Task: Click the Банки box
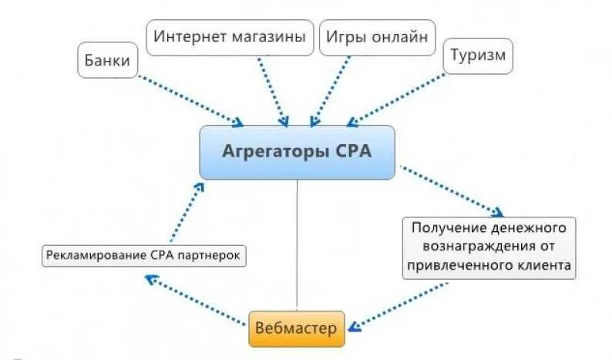pyautogui.click(x=108, y=60)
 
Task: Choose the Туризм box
pyautogui.click(x=478, y=56)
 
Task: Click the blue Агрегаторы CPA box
pyautogui.click(x=298, y=152)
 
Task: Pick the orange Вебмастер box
pyautogui.click(x=296, y=329)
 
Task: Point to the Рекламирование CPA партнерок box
pyautogui.click(x=145, y=255)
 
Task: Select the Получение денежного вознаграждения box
pyautogui.click(x=489, y=247)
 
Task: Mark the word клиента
pyautogui.click(x=543, y=266)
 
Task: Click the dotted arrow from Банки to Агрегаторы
pyautogui.click(x=189, y=99)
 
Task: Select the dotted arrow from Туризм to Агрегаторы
pyautogui.click(x=397, y=98)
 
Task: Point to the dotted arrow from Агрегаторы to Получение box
pyautogui.click(x=451, y=189)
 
